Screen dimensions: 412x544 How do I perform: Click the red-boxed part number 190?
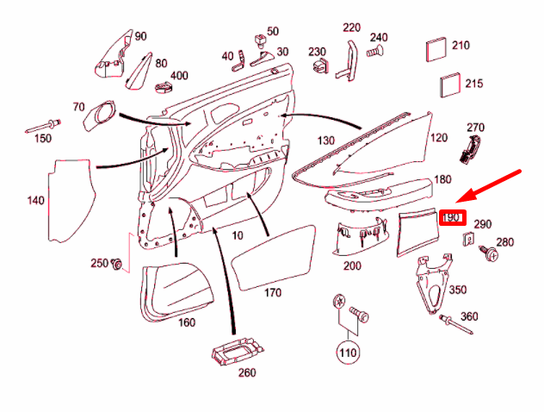453,218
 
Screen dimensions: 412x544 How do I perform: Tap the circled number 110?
347,352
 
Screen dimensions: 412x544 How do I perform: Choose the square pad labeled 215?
450,84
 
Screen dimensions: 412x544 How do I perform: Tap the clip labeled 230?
320,66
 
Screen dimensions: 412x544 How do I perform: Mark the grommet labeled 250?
118,264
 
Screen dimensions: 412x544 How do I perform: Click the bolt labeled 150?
45,123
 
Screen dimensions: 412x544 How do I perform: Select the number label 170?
273,293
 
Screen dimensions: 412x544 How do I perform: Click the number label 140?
34,201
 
